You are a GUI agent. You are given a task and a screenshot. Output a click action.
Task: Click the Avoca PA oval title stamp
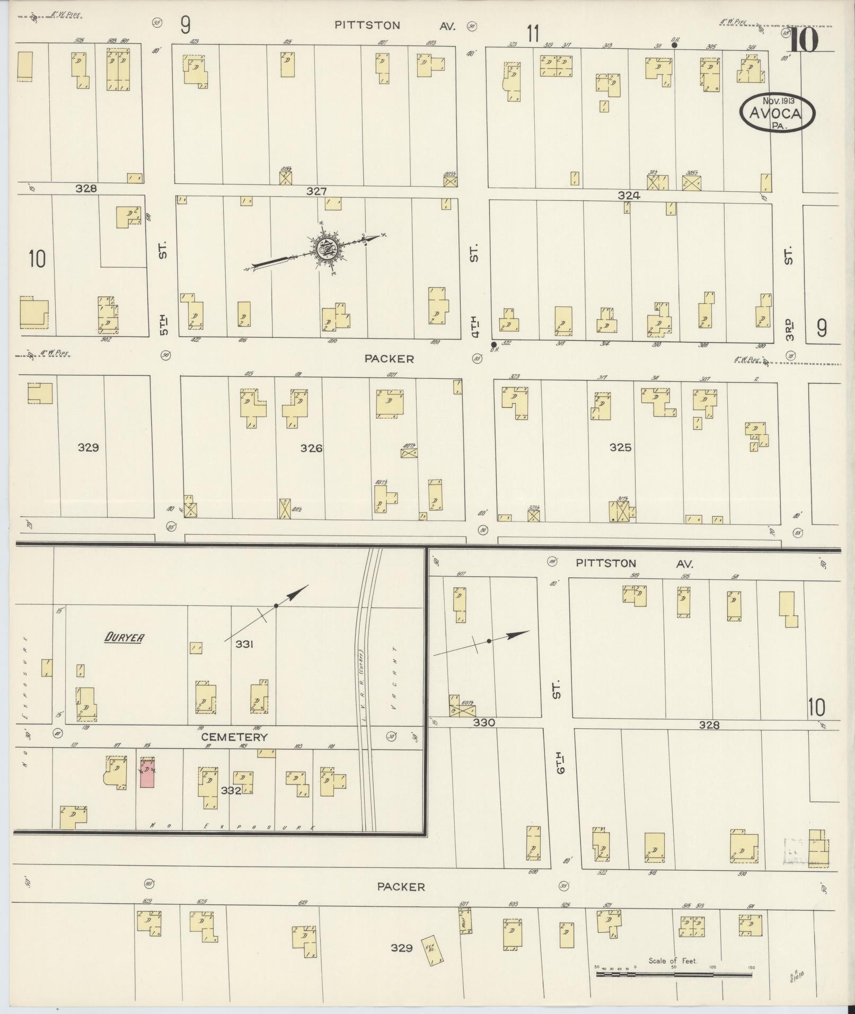(x=777, y=113)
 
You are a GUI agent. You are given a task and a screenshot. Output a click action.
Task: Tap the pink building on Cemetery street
(x=147, y=772)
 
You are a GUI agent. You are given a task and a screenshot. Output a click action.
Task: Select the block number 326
(x=311, y=448)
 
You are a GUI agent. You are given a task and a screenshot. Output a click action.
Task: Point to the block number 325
(x=620, y=447)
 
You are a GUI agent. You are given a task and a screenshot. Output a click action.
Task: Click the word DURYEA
(x=124, y=638)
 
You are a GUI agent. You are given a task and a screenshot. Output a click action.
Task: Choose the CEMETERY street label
(x=234, y=737)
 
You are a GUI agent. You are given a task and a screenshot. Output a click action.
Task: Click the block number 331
(x=244, y=644)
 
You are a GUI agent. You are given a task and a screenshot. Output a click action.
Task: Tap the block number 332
(x=231, y=790)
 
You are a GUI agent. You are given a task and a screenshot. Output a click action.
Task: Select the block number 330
(x=484, y=722)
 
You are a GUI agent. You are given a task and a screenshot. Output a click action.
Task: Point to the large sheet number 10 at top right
(x=804, y=41)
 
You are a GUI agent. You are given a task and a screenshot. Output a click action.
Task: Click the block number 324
(x=629, y=196)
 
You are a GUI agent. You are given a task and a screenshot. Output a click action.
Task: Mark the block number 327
(x=316, y=191)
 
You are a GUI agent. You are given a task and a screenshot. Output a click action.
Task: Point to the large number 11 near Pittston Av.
(x=533, y=35)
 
